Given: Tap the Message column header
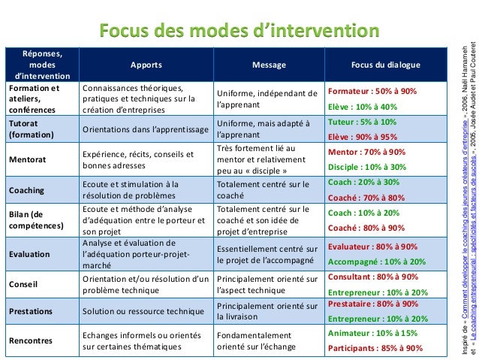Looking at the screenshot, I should click(268, 65).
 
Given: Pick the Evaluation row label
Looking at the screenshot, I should click(29, 254).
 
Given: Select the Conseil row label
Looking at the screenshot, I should click(23, 285).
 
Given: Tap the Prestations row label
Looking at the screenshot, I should click(31, 310).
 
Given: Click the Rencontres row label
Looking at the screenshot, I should click(31, 340).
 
